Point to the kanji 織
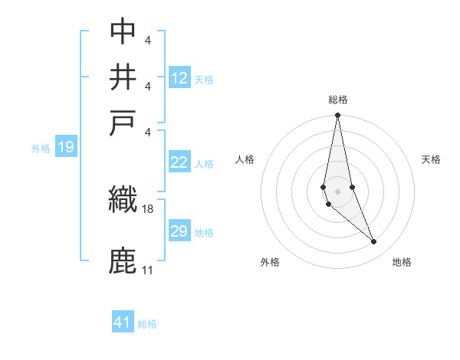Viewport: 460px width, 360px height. pos(123,199)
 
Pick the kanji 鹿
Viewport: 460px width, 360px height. pos(123,260)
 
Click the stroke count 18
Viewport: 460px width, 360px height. pos(148,208)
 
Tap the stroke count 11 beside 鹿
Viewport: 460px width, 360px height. pos(147,270)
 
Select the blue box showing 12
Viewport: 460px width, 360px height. pos(179,77)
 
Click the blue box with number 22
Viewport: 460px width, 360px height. pos(179,162)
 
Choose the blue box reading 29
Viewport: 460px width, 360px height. pos(179,231)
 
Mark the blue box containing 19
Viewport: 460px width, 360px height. pos(65,147)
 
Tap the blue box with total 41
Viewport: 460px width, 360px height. pos(123,322)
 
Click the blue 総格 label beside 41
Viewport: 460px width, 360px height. pos(147,324)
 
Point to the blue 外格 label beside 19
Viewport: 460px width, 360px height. pos(41,149)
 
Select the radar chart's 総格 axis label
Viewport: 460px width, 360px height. pos(338,100)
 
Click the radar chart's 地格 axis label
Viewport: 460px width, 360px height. pos(402,263)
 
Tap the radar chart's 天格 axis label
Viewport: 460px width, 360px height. pos(432,159)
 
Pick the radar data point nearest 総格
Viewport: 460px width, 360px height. pos(337,116)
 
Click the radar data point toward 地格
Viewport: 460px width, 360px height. pos(374,241)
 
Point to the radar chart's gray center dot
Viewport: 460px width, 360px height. pos(337,191)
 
